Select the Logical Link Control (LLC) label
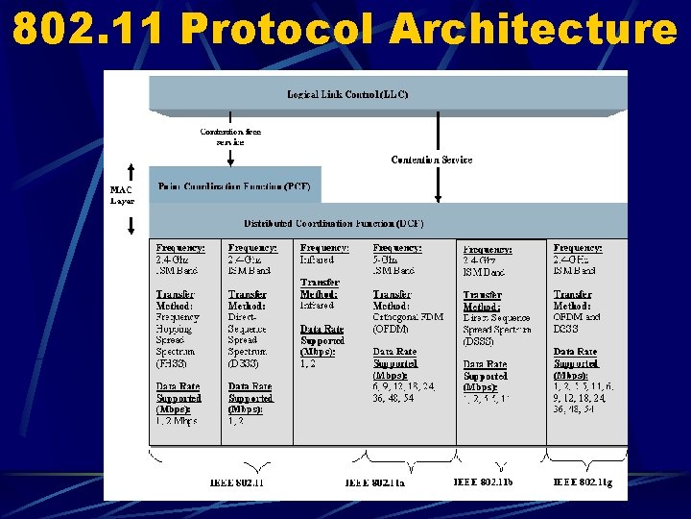tap(347, 94)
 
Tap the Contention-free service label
tap(230, 136)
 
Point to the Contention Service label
tap(432, 160)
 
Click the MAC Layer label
tap(122, 195)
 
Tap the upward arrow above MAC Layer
tap(131, 171)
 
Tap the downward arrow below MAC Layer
tap(131, 225)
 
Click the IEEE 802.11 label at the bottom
tap(236, 482)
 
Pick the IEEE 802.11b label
tap(483, 481)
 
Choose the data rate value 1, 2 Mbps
tap(176, 420)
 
